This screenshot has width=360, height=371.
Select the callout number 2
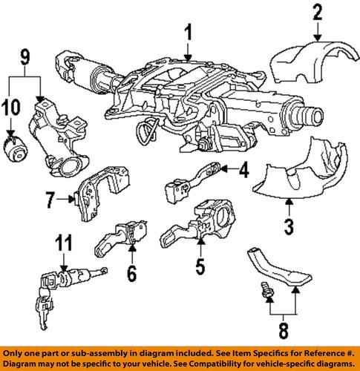pos(317,11)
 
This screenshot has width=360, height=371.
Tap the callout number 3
pos(289,223)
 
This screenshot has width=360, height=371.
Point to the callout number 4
pos(243,172)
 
